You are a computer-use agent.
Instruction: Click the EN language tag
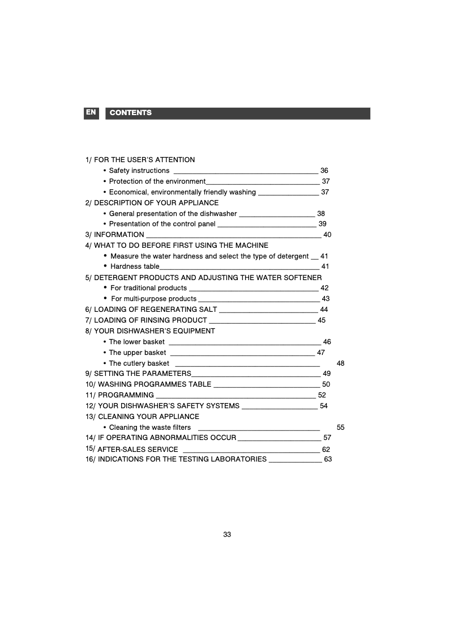pyautogui.click(x=91, y=112)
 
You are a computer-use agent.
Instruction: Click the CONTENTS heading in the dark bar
pyautogui.click(x=131, y=113)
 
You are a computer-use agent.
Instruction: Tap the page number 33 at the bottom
pyautogui.click(x=227, y=535)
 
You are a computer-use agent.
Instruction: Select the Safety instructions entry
pyautogui.click(x=139, y=171)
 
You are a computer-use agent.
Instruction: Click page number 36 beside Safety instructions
pyautogui.click(x=324, y=171)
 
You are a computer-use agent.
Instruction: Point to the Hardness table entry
pyautogui.click(x=135, y=266)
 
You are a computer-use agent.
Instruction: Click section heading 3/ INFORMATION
pyautogui.click(x=115, y=235)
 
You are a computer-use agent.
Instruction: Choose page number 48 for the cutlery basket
pyautogui.click(x=341, y=363)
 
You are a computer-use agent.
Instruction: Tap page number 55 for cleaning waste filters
pyautogui.click(x=341, y=428)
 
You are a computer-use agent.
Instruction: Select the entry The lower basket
pyautogui.click(x=137, y=342)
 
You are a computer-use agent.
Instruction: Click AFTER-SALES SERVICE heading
pyautogui.click(x=138, y=450)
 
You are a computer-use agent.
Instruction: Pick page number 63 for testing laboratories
pyautogui.click(x=328, y=459)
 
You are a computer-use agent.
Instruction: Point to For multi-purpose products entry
pyautogui.click(x=154, y=299)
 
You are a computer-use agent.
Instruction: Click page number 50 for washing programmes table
pyautogui.click(x=326, y=384)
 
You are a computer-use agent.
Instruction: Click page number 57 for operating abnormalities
pyautogui.click(x=327, y=438)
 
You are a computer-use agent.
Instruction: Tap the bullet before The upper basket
pyautogui.click(x=105, y=353)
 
